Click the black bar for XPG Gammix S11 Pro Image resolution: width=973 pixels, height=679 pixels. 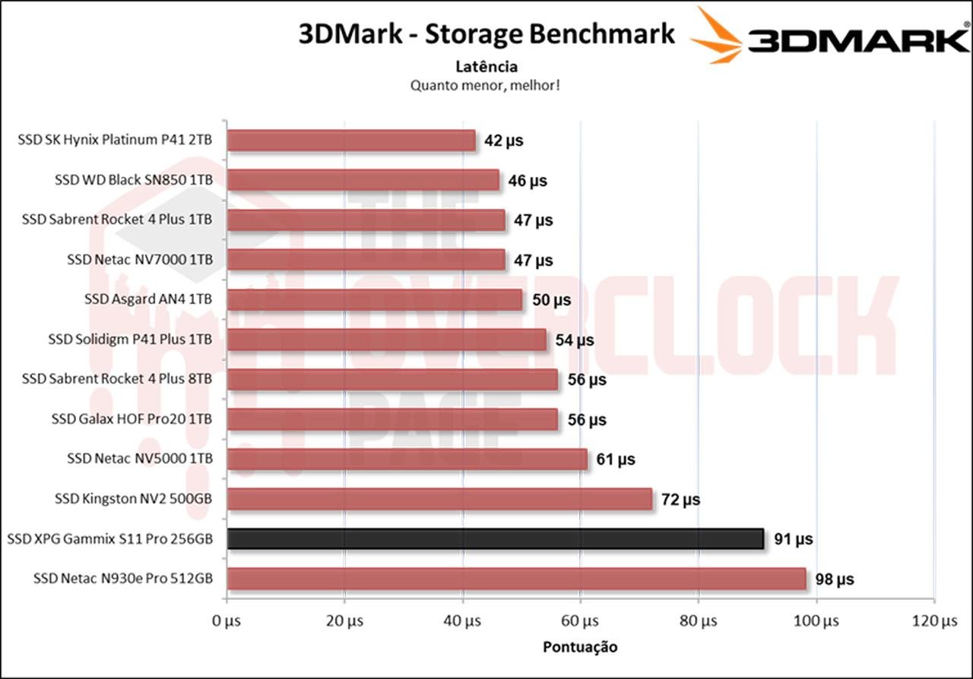pos(495,538)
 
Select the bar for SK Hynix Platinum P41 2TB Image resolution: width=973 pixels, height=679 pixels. pos(350,141)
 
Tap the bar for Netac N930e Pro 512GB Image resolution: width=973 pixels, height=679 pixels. pos(516,579)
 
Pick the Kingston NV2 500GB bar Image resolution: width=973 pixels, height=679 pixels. pos(439,499)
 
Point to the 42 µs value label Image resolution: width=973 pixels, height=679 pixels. pos(503,141)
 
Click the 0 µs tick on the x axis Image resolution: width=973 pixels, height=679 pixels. pos(227,621)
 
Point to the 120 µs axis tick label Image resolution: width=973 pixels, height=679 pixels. pos(934,621)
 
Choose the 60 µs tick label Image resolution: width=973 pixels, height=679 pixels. pos(581,621)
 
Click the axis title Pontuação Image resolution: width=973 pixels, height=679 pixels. pos(580,647)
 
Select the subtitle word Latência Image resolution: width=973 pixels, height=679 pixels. pos(486,67)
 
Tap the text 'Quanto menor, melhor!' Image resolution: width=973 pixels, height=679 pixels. pos(486,85)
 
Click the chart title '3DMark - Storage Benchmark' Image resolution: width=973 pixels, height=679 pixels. pos(486,34)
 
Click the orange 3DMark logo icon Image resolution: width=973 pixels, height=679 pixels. pos(716,36)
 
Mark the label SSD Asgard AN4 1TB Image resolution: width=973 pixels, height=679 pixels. pos(148,299)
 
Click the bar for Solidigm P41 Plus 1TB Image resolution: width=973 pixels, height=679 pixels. pos(386,339)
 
